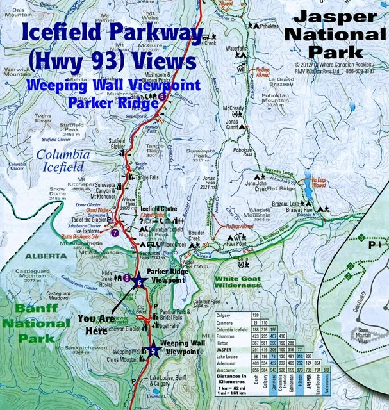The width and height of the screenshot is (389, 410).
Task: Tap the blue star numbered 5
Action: pyautogui.click(x=152, y=350)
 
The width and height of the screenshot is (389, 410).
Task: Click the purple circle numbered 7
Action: pyautogui.click(x=115, y=233)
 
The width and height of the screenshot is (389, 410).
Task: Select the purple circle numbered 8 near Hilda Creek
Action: pyautogui.click(x=127, y=277)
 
